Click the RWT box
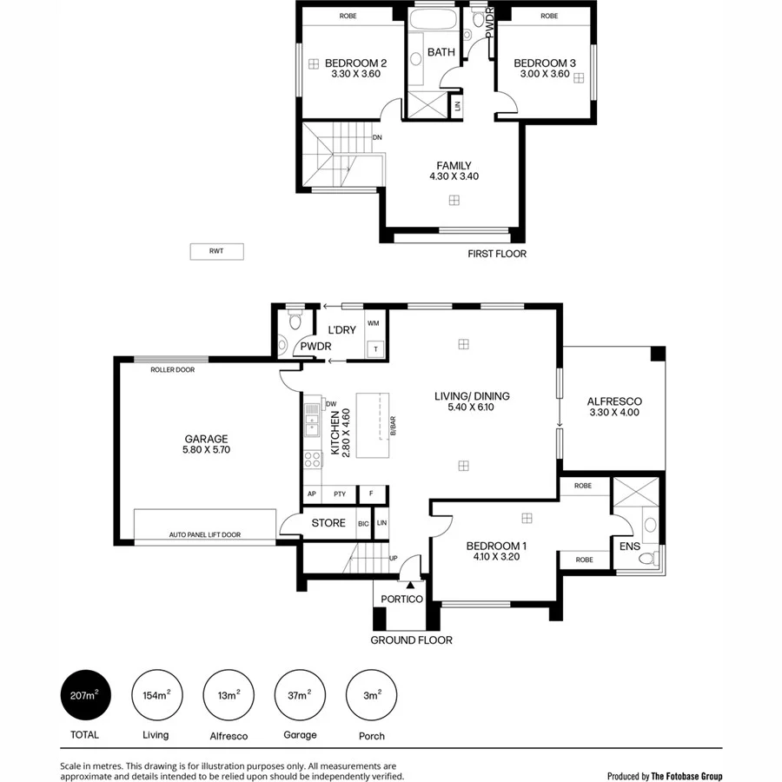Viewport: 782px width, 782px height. pyautogui.click(x=216, y=252)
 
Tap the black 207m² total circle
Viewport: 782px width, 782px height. pyautogui.click(x=85, y=696)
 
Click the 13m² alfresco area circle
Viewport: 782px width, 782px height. pyautogui.click(x=228, y=696)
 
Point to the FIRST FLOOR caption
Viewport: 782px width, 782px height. pyautogui.click(x=497, y=254)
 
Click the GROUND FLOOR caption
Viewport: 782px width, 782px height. pyautogui.click(x=411, y=640)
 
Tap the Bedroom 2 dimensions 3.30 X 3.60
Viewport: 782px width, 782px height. pyautogui.click(x=355, y=75)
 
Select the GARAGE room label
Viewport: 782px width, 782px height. pyautogui.click(x=205, y=439)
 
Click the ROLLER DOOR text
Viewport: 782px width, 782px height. pyautogui.click(x=172, y=369)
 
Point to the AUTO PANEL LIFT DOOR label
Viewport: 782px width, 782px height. pyautogui.click(x=205, y=535)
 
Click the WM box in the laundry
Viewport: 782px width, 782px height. pyautogui.click(x=374, y=323)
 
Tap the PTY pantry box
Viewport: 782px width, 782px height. pyautogui.click(x=339, y=494)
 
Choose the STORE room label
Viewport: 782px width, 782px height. pyautogui.click(x=328, y=523)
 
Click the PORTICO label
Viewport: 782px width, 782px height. pyautogui.click(x=401, y=599)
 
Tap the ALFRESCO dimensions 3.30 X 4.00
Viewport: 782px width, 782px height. pyautogui.click(x=614, y=413)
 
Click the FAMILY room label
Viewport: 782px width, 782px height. pyautogui.click(x=454, y=165)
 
